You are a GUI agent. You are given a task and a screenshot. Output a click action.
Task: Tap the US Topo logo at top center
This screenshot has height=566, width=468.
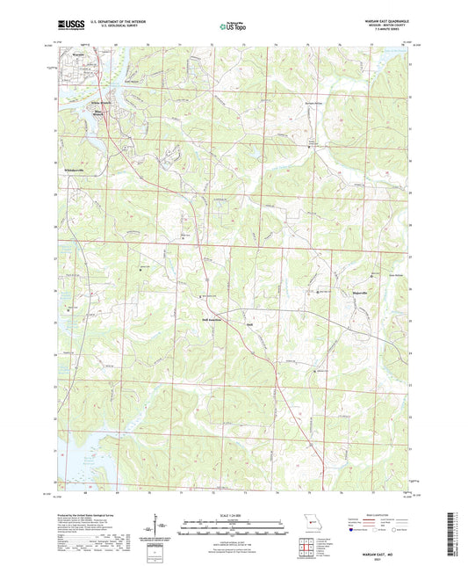[233, 27]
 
